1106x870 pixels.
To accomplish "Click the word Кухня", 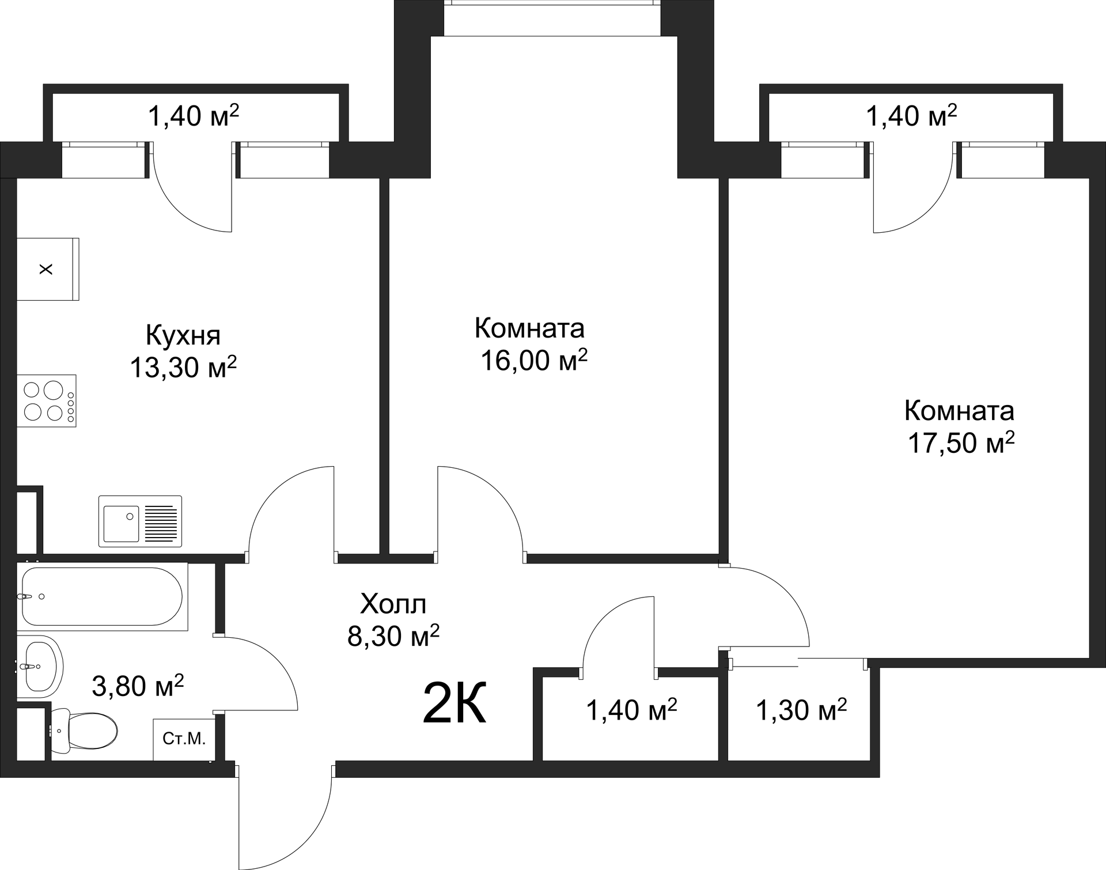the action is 183,336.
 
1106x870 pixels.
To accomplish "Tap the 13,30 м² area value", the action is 183,366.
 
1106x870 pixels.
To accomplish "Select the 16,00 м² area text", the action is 534,360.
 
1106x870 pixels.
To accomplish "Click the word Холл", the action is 393,604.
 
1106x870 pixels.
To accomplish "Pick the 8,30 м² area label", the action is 393,636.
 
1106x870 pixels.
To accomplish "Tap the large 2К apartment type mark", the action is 454,702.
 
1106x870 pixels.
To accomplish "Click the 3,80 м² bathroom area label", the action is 138,686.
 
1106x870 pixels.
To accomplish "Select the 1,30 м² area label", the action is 801,710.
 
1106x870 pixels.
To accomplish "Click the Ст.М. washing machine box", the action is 184,739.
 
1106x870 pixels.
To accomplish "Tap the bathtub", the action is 103,596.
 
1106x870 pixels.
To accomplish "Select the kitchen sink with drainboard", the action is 140,521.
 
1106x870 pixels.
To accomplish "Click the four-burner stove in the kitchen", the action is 47,400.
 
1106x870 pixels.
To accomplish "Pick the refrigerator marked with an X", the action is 48,269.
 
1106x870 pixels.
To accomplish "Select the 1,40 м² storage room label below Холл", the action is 631,710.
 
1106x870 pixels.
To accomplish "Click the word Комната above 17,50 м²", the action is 959,411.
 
